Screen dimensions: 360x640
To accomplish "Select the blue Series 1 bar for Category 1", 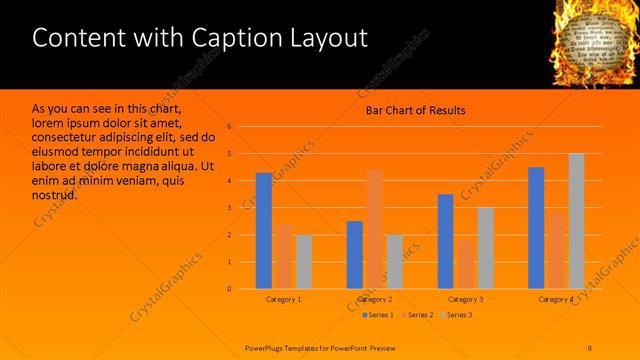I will point(263,231).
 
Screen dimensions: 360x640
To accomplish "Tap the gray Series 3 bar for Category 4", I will point(576,221).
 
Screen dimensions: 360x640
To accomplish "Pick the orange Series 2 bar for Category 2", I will point(374,229).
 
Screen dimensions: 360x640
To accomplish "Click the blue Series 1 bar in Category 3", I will point(445,241).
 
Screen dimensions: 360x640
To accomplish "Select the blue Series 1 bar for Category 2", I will point(354,255).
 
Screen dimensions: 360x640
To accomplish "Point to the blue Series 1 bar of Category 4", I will point(536,228).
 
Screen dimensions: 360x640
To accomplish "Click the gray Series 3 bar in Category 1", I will point(303,262).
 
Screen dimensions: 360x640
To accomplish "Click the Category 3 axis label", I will point(465,299).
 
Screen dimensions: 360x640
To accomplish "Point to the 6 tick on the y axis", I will point(229,127).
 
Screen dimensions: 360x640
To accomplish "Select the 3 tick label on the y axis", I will point(229,208).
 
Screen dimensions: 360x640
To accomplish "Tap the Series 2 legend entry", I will point(417,315).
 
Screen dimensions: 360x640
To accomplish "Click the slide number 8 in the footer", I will point(590,347).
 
